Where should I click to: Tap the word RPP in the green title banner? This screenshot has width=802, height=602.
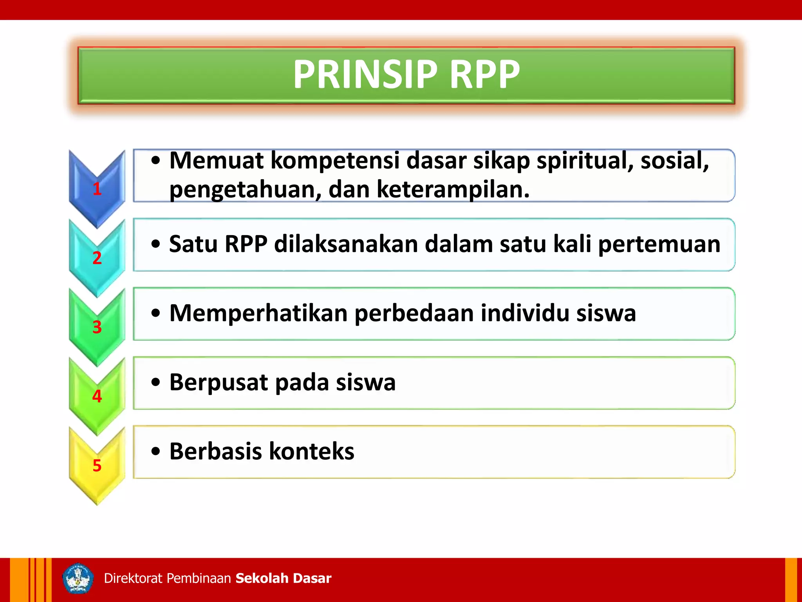[485, 74]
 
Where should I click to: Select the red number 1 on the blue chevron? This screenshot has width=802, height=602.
[97, 189]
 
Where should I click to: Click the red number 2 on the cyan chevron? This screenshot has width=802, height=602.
[97, 258]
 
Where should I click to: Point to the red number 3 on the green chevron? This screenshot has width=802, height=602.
[97, 327]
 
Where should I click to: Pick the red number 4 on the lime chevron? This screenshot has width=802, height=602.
[97, 396]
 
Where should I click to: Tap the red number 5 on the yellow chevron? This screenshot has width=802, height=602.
[97, 466]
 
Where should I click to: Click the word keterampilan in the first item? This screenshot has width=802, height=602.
[453, 190]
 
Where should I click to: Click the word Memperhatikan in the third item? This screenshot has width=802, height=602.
[258, 314]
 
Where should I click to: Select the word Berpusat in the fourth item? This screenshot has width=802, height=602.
[219, 383]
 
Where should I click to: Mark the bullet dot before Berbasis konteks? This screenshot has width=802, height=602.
[156, 451]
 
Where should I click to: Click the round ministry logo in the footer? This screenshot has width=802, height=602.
[78, 578]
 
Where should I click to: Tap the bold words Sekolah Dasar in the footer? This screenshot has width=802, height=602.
[284, 578]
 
